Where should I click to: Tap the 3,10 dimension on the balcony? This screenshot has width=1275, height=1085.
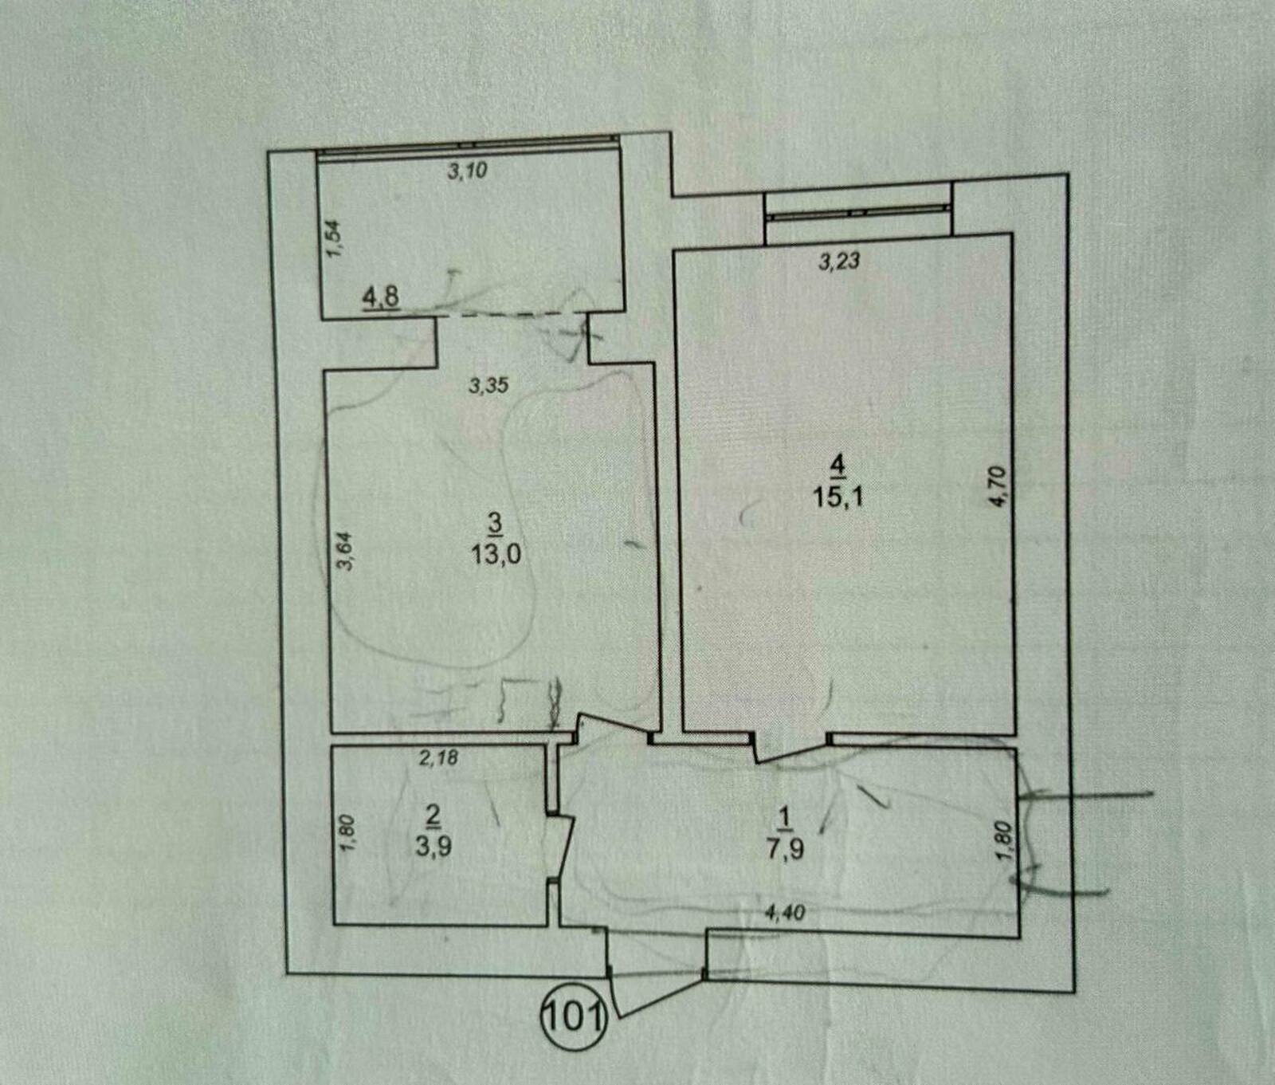click(x=467, y=170)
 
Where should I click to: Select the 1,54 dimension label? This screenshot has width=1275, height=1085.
click(x=335, y=238)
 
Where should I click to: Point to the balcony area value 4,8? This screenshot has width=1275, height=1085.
click(x=381, y=297)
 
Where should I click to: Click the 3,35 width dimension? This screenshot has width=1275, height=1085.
click(x=488, y=386)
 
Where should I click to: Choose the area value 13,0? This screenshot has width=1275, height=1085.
click(x=496, y=552)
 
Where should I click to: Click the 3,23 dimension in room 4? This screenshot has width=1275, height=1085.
click(x=839, y=261)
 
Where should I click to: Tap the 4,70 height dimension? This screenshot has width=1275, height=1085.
click(x=1002, y=485)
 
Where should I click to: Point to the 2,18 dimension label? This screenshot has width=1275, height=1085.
click(x=438, y=757)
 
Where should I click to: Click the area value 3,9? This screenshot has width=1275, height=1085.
click(x=433, y=843)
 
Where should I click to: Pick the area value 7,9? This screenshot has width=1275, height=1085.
click(x=786, y=847)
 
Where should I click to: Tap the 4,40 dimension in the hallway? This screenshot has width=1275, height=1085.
click(x=785, y=913)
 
